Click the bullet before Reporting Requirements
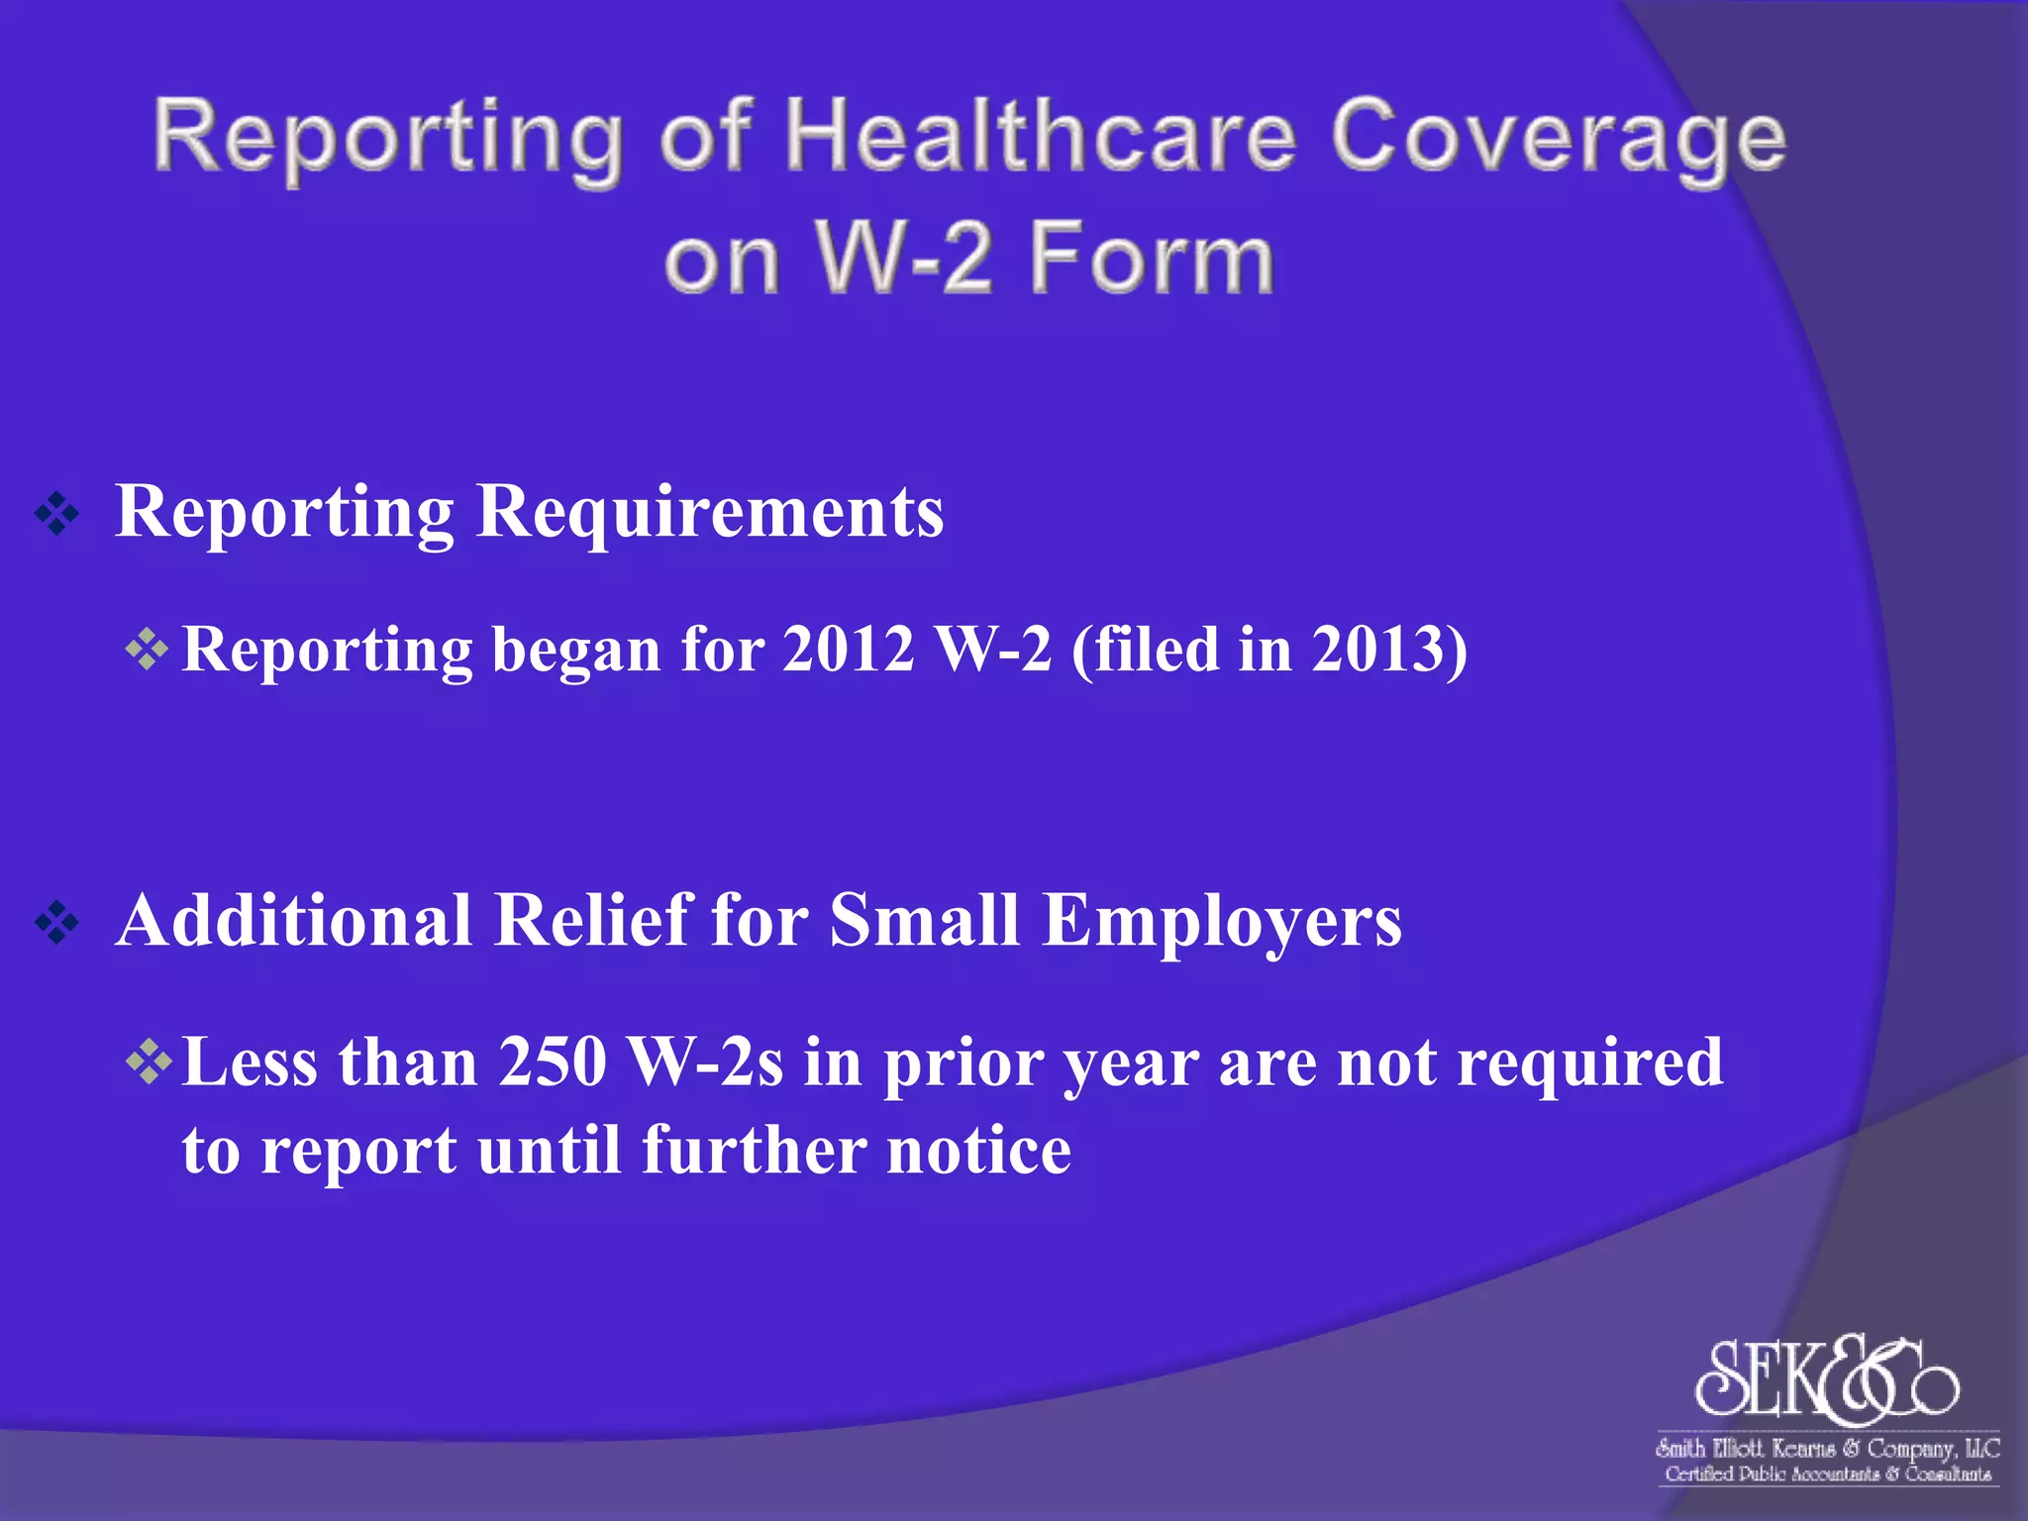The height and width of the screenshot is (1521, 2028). tap(56, 514)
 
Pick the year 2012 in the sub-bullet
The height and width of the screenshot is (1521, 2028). tap(848, 650)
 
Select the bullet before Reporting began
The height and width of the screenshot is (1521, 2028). tap(148, 651)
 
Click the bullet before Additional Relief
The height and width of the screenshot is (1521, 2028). tap(56, 923)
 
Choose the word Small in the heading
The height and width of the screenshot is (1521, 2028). tap(924, 921)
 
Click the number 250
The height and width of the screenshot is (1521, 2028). tap(552, 1063)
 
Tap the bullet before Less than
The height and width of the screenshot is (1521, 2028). tap(149, 1063)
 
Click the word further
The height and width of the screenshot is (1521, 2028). tap(753, 1151)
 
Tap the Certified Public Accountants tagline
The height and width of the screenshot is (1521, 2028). tap(1827, 1474)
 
